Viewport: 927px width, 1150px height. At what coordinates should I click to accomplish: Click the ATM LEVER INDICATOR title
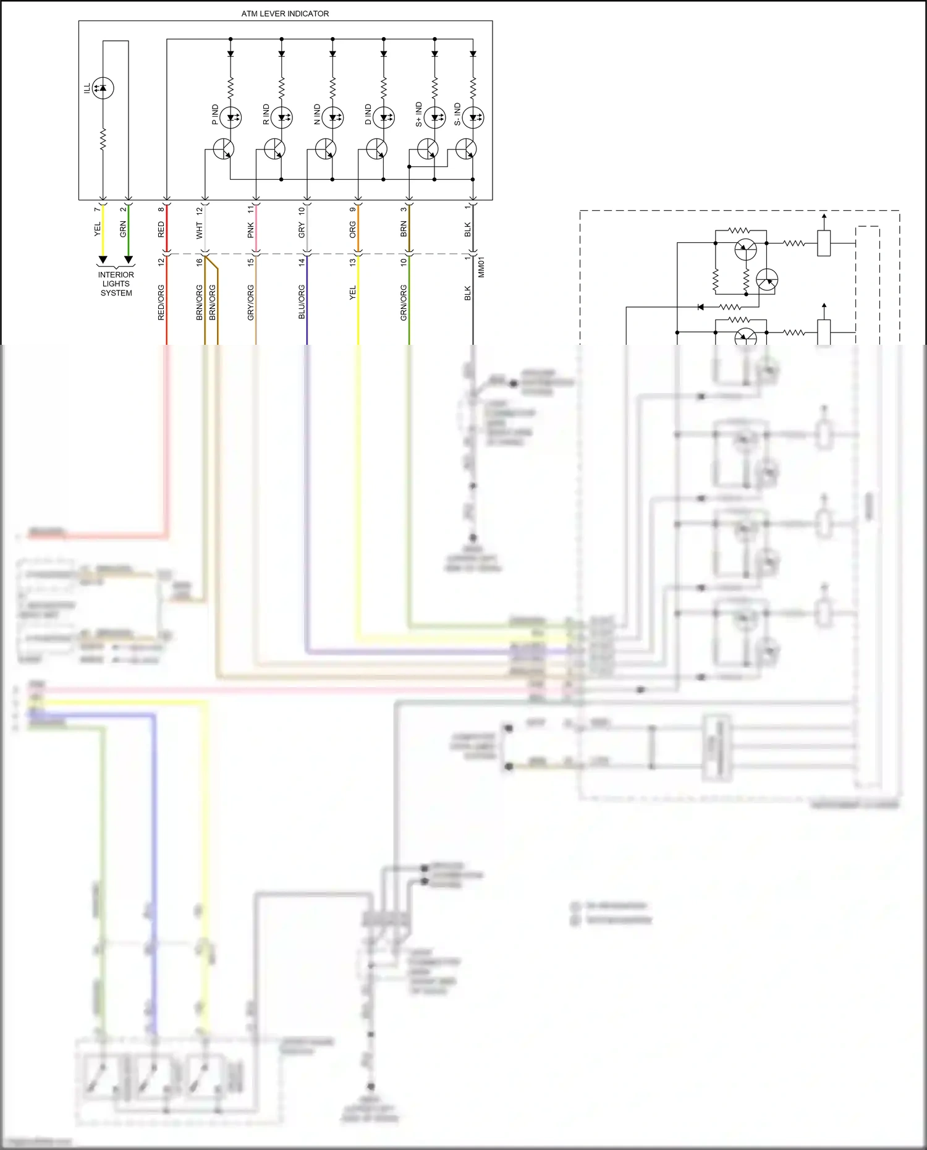285,14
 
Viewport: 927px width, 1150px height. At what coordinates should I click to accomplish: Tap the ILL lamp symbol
103,88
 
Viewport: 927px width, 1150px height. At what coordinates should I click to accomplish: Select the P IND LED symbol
231,117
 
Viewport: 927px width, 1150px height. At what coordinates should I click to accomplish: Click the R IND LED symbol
282,117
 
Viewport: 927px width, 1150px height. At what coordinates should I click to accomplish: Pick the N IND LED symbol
332,117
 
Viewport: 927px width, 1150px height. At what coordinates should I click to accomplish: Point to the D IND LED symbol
384,117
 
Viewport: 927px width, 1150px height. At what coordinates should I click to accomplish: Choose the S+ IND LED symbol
434,117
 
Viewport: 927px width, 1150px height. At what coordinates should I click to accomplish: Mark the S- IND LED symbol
473,117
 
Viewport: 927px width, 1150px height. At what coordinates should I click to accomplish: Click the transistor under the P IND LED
224,149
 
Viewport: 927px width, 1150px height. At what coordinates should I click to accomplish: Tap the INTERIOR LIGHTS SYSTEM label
116,284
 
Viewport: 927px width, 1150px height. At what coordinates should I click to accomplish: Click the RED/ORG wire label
161,302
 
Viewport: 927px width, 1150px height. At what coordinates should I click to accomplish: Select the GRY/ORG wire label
251,302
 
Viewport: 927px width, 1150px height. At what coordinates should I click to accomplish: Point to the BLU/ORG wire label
302,302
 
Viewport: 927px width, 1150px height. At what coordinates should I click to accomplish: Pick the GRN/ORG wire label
404,302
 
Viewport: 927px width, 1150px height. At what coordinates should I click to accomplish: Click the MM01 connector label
481,267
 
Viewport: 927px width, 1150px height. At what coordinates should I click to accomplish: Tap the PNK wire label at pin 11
251,230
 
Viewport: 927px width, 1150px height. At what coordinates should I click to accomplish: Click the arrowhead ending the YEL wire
103,259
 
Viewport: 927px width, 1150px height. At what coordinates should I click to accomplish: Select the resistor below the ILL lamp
103,139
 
